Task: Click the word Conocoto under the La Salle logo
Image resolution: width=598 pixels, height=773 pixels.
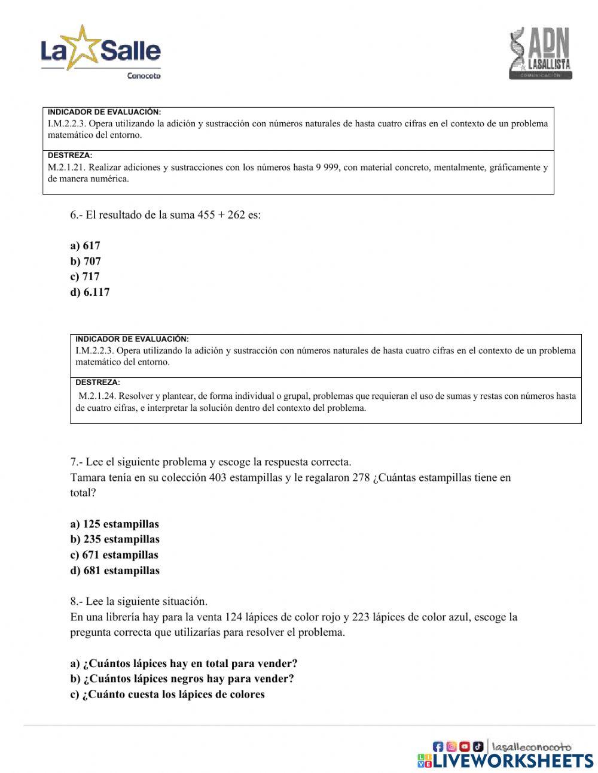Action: [144, 76]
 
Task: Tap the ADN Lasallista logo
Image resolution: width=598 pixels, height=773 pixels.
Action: [540, 54]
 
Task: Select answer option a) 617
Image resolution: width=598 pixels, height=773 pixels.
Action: [85, 246]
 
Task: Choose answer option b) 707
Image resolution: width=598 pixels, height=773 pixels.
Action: [86, 262]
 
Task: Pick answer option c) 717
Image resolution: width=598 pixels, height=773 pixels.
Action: [85, 277]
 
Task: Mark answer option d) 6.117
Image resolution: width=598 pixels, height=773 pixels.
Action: [90, 293]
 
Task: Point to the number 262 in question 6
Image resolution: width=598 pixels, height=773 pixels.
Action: [236, 215]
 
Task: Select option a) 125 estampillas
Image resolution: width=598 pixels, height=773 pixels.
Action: [114, 525]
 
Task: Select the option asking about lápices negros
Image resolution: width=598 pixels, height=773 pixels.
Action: [182, 679]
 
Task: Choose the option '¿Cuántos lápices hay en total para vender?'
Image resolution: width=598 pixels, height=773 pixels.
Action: [184, 663]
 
